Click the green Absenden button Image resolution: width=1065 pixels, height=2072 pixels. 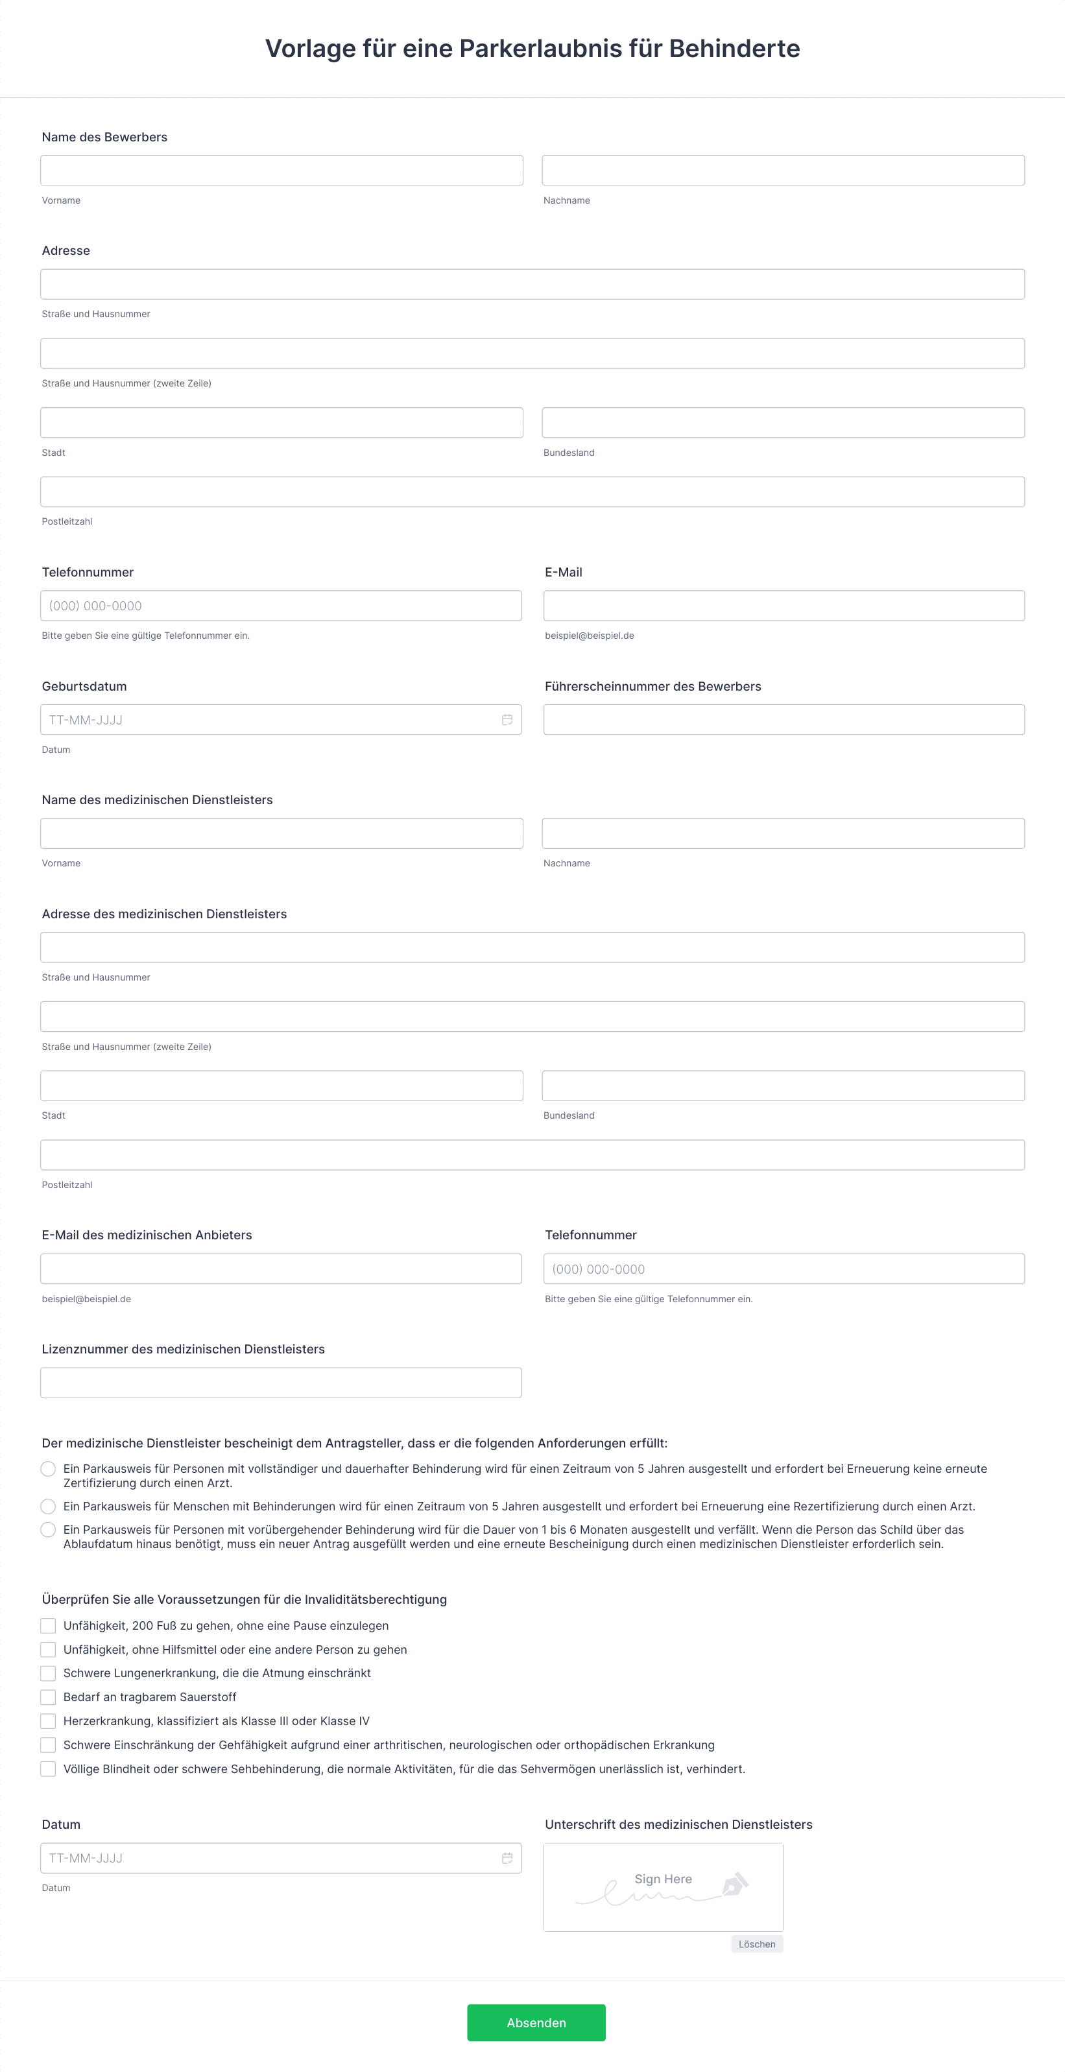(536, 2022)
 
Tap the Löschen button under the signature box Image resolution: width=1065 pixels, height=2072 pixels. (757, 1944)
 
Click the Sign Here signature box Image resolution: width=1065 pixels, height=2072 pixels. (663, 1887)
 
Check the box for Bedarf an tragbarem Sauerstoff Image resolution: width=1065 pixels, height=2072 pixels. (48, 1697)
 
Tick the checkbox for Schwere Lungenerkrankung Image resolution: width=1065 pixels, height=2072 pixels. (48, 1673)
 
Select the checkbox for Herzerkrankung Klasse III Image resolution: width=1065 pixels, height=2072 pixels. (48, 1721)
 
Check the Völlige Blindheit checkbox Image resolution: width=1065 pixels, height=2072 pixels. (48, 1768)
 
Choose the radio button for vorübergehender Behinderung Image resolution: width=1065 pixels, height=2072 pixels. (48, 1530)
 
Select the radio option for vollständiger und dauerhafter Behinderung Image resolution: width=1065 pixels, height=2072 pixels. (48, 1469)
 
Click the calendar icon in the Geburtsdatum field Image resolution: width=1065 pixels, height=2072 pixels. (507, 720)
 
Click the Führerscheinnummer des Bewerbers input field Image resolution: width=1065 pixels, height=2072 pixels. (784, 720)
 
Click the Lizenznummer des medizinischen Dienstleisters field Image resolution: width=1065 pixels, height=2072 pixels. (281, 1383)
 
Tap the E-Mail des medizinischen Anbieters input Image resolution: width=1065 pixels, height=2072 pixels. (281, 1268)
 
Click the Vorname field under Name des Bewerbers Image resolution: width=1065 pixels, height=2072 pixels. (281, 171)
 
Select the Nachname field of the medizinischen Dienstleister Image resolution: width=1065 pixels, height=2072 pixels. (783, 833)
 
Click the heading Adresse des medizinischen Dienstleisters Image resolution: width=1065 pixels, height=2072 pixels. (164, 914)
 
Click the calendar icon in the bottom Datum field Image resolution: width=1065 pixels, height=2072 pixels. (507, 1858)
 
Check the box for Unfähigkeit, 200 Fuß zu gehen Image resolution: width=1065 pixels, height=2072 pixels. (48, 1626)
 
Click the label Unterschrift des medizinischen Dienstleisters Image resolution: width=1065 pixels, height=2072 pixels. (678, 1824)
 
